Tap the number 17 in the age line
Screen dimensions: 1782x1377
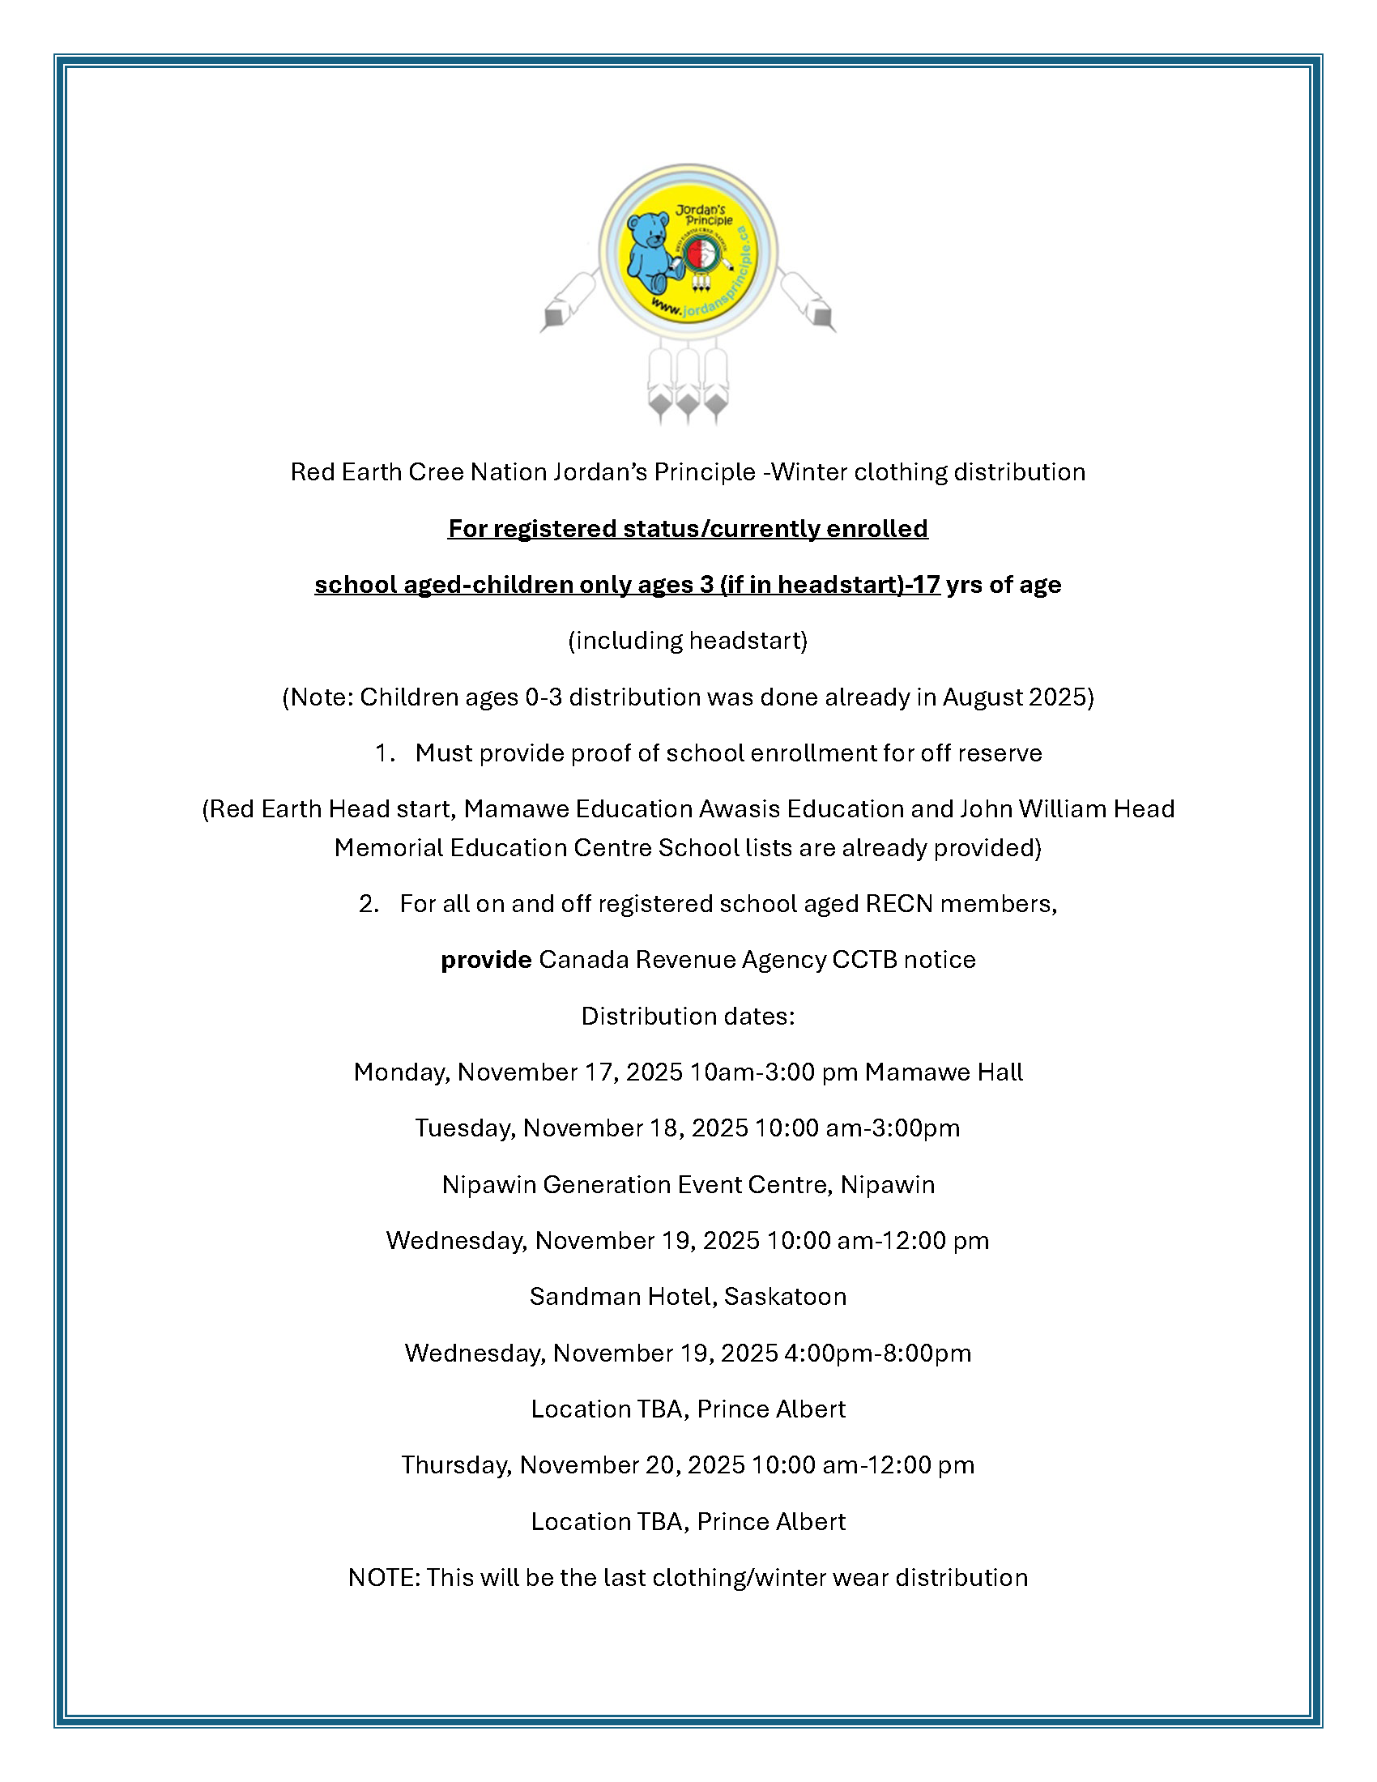click(925, 585)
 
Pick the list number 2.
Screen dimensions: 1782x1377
click(368, 904)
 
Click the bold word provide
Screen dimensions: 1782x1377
click(486, 960)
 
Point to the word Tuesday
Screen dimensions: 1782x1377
click(464, 1128)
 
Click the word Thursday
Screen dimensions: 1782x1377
click(456, 1465)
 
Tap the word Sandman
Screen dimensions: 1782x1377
click(582, 1297)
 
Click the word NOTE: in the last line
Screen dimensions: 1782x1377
click(383, 1578)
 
